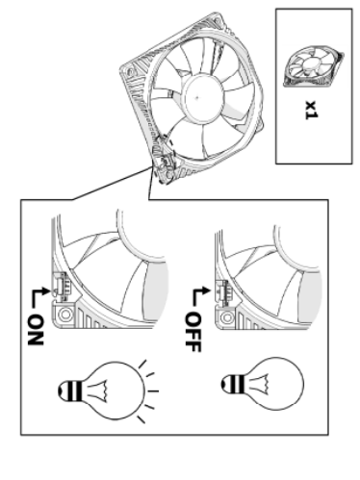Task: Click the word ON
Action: click(x=36, y=330)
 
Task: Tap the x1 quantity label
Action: click(x=311, y=110)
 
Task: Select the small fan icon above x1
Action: click(x=314, y=66)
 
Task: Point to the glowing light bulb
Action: click(x=108, y=391)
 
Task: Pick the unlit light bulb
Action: click(x=262, y=384)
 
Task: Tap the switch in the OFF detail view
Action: click(x=222, y=291)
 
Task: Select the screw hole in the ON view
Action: click(x=65, y=315)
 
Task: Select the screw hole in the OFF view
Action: click(x=227, y=317)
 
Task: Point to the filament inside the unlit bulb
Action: click(x=259, y=384)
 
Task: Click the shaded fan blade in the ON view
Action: click(x=155, y=291)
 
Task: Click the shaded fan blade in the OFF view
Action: click(x=310, y=296)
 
